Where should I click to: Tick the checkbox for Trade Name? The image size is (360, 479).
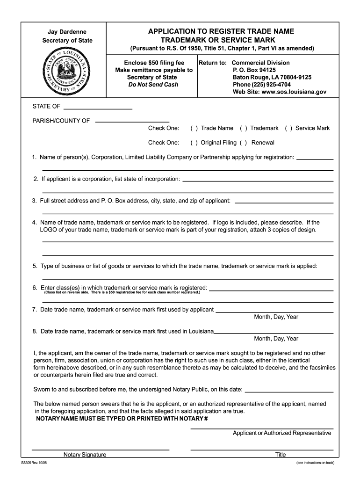tap(194, 128)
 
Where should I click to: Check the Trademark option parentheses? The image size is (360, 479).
tap(243, 128)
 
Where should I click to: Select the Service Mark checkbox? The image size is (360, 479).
tap(288, 128)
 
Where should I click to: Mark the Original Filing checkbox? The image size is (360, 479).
tap(194, 143)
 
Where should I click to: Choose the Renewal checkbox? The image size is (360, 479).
tap(243, 143)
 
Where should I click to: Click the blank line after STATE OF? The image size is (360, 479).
tap(98, 108)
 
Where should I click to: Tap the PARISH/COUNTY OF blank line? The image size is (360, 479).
tap(132, 121)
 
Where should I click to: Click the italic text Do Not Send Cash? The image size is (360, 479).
tap(154, 85)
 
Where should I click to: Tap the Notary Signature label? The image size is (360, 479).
tap(85, 455)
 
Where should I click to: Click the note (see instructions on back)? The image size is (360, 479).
tap(315, 463)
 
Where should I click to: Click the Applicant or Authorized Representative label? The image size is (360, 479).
tap(282, 433)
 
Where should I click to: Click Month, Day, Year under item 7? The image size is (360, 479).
tap(276, 317)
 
